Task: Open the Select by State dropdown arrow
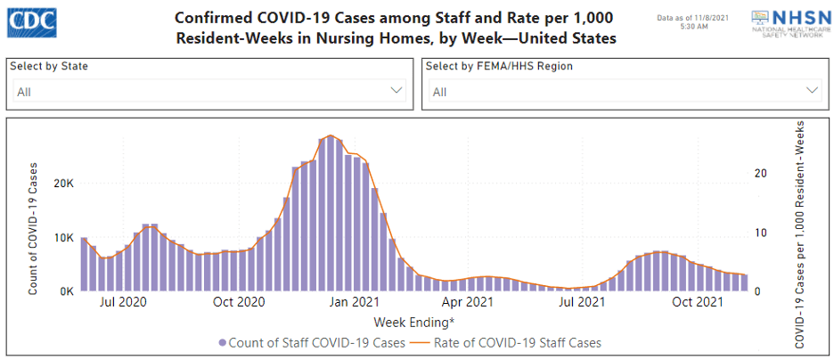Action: tap(397, 91)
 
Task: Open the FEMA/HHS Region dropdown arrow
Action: tap(812, 91)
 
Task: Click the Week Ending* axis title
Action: tap(413, 321)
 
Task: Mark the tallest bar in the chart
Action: tap(331, 214)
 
